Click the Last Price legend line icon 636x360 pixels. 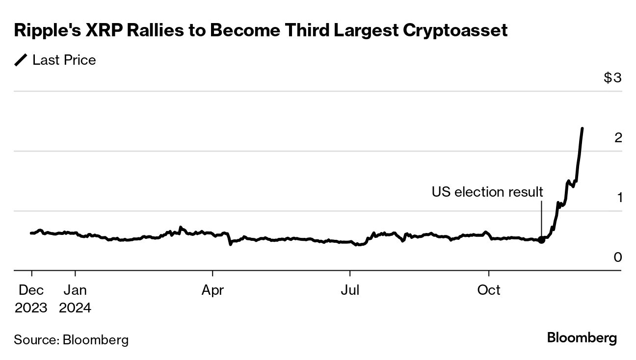coord(21,60)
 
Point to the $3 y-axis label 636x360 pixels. coord(612,78)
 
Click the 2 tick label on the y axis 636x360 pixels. coord(618,138)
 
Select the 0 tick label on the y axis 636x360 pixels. coord(618,257)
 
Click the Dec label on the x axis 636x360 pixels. coord(31,290)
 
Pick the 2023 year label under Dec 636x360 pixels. coord(31,308)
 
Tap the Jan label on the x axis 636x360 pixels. coord(75,290)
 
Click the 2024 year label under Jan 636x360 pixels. coord(75,308)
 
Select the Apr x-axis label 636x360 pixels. coord(212,290)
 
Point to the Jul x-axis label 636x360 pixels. coord(350,290)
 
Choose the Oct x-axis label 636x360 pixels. coord(489,290)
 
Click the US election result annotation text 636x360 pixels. coord(487,192)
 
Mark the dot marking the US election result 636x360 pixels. coord(541,239)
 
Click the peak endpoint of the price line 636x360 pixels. coord(582,129)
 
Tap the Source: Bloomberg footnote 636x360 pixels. coord(71,339)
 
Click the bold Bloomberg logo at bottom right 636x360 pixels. coord(582,338)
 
